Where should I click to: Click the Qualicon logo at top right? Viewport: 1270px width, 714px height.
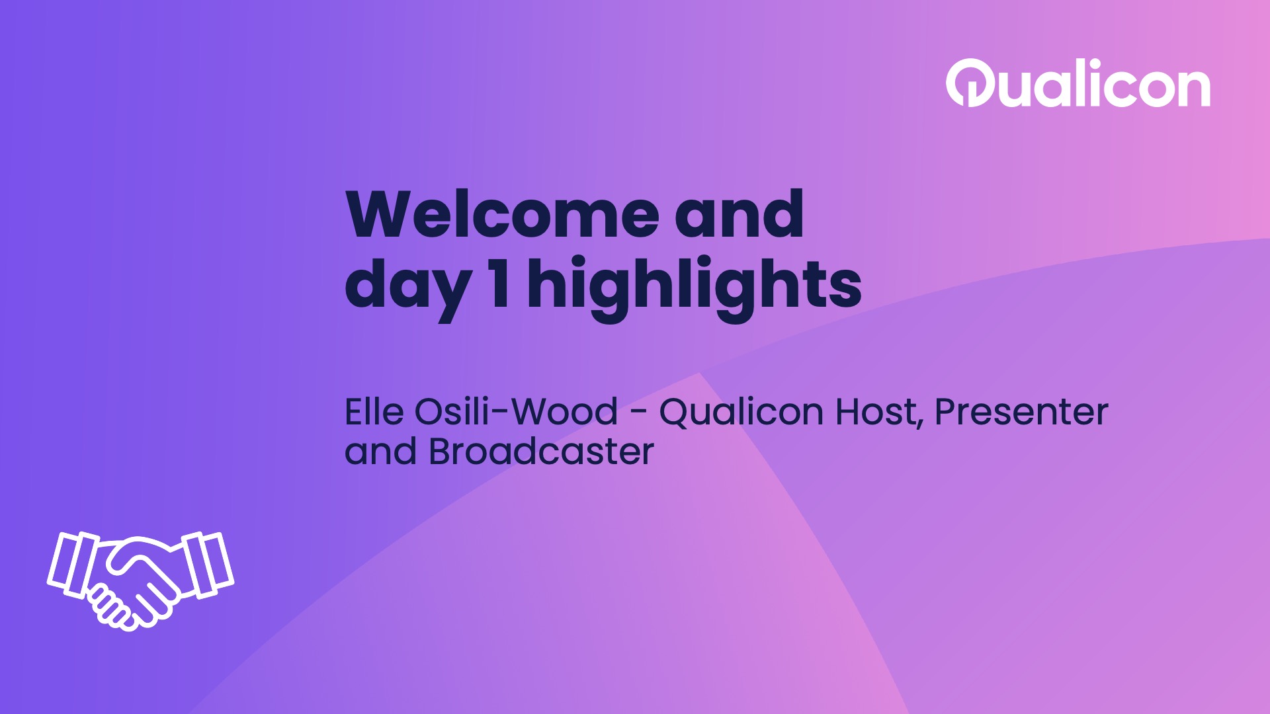pos(1078,85)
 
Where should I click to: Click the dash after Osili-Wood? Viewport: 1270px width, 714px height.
pos(638,414)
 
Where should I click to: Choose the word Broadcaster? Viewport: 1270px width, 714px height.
pos(541,452)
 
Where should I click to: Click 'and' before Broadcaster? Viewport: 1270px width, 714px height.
pos(380,452)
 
